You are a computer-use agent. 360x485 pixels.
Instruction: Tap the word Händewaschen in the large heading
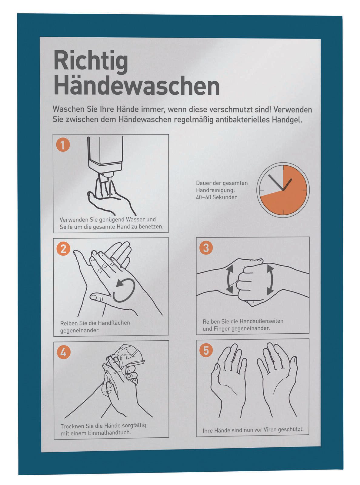click(x=136, y=86)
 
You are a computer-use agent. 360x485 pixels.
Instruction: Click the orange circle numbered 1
click(x=63, y=145)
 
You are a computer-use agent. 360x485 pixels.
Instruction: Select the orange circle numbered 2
click(x=63, y=249)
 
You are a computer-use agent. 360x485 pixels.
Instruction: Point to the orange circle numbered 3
click(x=206, y=248)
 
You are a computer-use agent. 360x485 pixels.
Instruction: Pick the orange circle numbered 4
click(x=63, y=352)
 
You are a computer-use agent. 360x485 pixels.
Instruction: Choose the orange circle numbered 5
click(x=206, y=351)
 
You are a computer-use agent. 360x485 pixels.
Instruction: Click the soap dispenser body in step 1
click(x=105, y=153)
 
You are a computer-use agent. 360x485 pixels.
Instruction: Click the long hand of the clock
click(x=276, y=183)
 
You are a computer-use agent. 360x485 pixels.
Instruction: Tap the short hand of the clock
click(x=288, y=184)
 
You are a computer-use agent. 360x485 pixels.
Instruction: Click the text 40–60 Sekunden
click(x=216, y=197)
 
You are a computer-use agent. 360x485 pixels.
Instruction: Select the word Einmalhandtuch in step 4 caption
click(x=109, y=433)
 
